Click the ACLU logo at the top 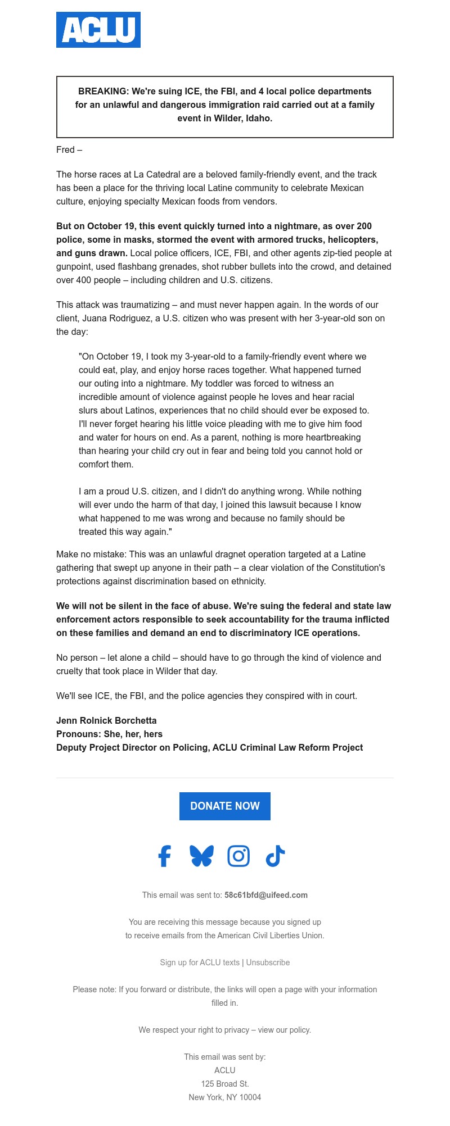click(98, 30)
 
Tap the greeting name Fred click(65, 149)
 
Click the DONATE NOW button click(225, 806)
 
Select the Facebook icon click(164, 856)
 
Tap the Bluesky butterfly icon click(201, 856)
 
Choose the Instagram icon click(238, 856)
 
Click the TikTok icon click(275, 856)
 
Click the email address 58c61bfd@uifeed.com click(265, 895)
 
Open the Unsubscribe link click(268, 962)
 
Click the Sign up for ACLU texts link click(200, 962)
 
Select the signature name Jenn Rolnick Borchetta click(106, 720)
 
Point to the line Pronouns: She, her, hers click(109, 734)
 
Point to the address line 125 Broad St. click(225, 1084)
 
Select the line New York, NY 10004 click(225, 1097)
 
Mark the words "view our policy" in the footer click(284, 1030)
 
